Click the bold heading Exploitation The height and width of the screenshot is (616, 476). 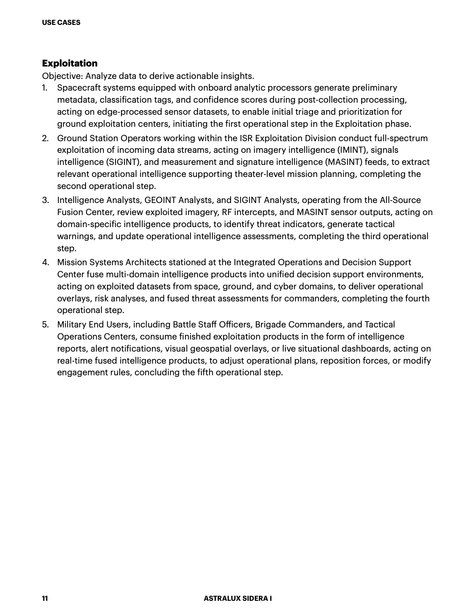(x=70, y=63)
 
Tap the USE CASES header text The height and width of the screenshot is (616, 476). (x=61, y=23)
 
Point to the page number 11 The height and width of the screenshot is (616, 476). (x=45, y=598)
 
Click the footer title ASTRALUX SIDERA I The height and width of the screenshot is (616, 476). (x=238, y=598)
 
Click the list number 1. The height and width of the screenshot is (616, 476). (x=45, y=88)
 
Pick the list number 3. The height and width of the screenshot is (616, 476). (x=45, y=200)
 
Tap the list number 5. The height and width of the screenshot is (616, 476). (x=45, y=325)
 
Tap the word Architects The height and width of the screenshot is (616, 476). (x=146, y=262)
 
